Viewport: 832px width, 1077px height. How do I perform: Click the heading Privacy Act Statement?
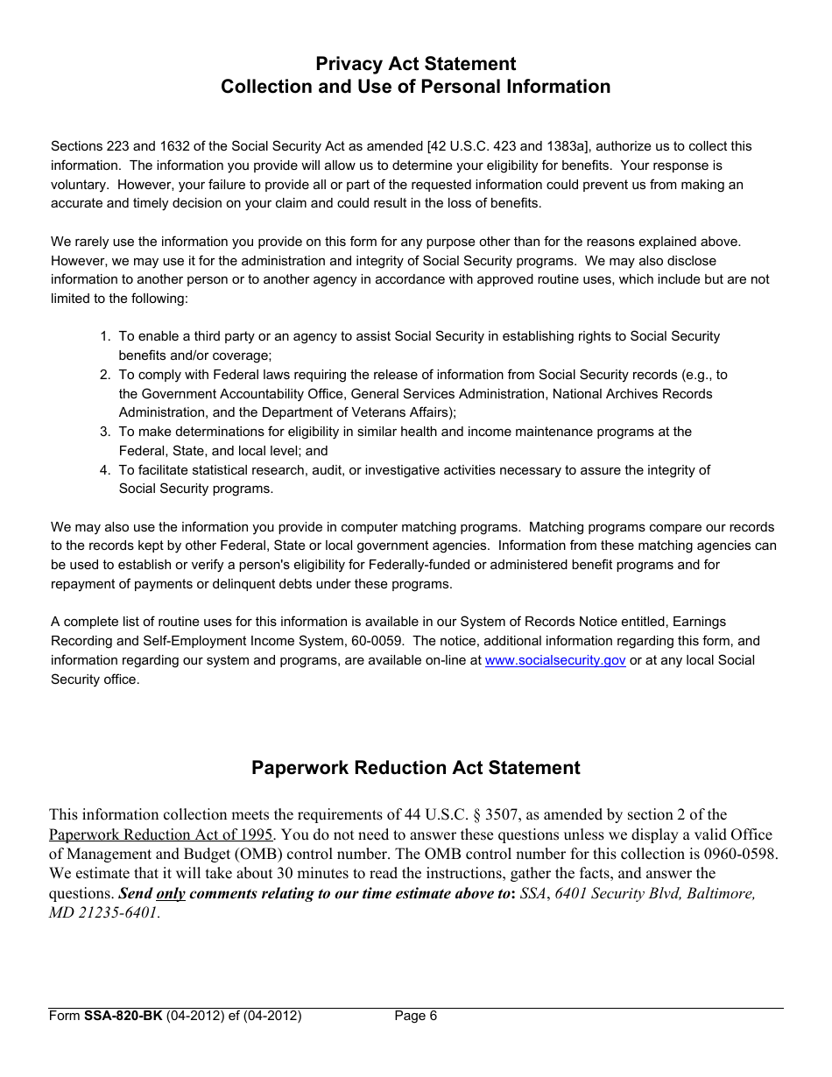point(415,64)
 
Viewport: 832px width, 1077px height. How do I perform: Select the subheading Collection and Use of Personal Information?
point(415,87)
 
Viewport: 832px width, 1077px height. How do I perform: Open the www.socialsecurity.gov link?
point(555,660)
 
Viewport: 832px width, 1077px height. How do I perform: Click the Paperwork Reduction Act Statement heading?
point(415,768)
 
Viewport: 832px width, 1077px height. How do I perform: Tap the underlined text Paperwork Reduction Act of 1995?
point(161,834)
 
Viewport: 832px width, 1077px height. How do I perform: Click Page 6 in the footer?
point(415,1017)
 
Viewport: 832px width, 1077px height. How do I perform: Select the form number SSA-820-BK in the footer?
point(123,1017)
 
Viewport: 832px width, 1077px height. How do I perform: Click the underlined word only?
point(171,893)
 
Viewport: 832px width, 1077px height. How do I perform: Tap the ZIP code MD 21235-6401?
point(104,912)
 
